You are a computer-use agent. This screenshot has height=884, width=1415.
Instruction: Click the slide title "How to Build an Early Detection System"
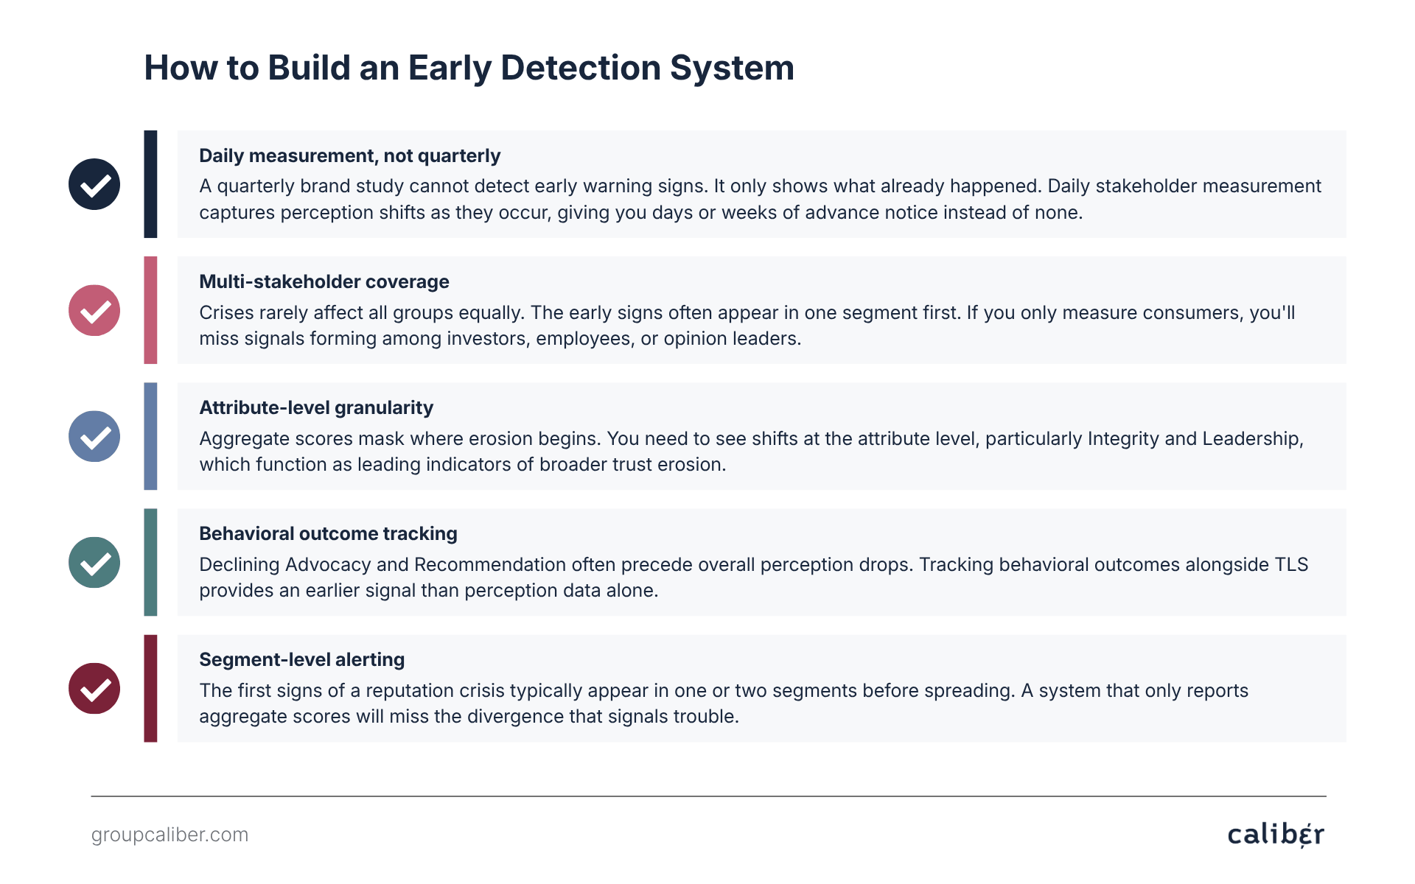point(469,68)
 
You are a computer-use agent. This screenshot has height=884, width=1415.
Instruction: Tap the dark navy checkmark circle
point(94,184)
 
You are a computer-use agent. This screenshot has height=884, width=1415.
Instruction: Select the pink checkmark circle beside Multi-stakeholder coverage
point(94,310)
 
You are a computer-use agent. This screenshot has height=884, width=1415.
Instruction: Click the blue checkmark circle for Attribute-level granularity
point(94,436)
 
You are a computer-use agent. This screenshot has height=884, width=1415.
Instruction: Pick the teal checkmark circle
point(94,562)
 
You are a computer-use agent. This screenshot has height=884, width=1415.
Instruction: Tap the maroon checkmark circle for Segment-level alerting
point(94,688)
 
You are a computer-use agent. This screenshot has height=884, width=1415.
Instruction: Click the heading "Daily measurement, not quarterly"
point(349,156)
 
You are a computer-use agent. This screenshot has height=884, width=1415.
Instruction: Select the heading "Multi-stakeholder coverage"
point(324,282)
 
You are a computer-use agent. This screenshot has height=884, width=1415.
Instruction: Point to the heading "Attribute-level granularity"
point(316,408)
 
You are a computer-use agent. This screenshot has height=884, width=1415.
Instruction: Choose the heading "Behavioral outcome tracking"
point(328,534)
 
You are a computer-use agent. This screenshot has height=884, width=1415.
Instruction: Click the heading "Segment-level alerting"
point(302,660)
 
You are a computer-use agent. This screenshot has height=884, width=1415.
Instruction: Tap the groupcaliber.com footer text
point(170,835)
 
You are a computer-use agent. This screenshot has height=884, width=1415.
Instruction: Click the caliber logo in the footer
point(1276,835)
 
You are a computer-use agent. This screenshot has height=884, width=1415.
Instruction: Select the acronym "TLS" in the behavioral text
point(1292,564)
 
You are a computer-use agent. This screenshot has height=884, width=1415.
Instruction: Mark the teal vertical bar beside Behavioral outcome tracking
point(150,562)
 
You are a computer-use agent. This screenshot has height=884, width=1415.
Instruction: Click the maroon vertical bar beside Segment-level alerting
point(150,688)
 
